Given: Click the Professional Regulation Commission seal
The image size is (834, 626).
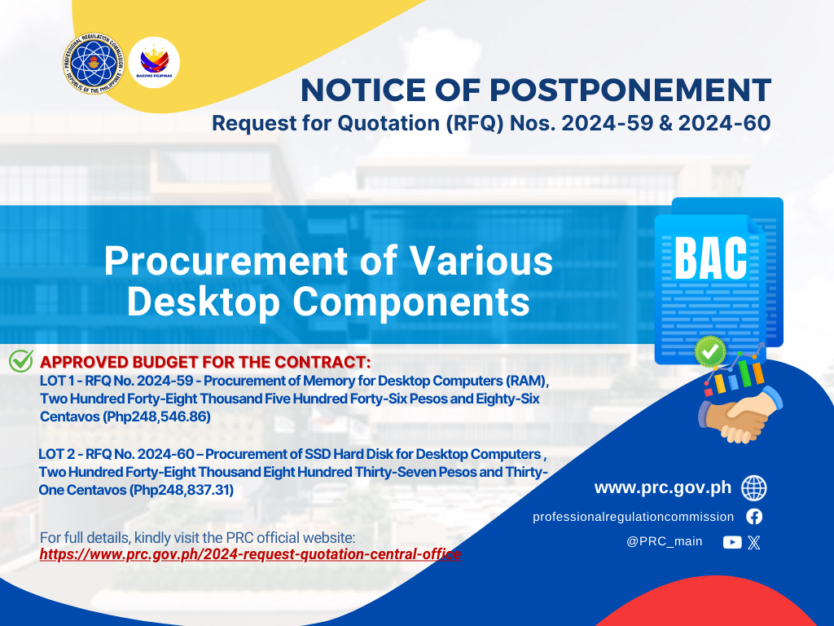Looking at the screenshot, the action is pyautogui.click(x=94, y=64).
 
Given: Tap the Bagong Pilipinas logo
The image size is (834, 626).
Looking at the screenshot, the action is pyautogui.click(x=154, y=62).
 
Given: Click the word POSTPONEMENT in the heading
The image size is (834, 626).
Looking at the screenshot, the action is pyautogui.click(x=630, y=90).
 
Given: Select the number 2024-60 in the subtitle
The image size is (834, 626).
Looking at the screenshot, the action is pyautogui.click(x=724, y=123).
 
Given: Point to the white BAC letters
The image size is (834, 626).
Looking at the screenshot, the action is pyautogui.click(x=710, y=258).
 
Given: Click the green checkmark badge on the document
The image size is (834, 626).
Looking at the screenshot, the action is pyautogui.click(x=710, y=351).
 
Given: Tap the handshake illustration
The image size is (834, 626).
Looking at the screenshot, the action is pyautogui.click(x=740, y=414).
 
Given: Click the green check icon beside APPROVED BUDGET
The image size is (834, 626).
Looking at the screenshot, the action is pyautogui.click(x=21, y=360).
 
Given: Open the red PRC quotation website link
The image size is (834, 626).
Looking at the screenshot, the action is pyautogui.click(x=250, y=554).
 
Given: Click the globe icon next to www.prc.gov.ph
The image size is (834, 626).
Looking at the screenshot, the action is pyautogui.click(x=754, y=488).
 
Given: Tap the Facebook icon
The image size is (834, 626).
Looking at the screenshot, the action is pyautogui.click(x=754, y=516).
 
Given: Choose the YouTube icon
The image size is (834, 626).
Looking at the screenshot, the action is pyautogui.click(x=732, y=542).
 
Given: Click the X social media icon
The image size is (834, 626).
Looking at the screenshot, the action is pyautogui.click(x=753, y=542).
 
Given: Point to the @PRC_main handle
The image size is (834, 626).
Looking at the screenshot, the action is pyautogui.click(x=665, y=541).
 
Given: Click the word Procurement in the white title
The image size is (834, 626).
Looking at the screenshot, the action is pyautogui.click(x=226, y=261).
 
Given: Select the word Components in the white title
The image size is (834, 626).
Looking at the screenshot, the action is pyautogui.click(x=411, y=302).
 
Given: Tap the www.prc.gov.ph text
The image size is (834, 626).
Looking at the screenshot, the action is pyautogui.click(x=663, y=487).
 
